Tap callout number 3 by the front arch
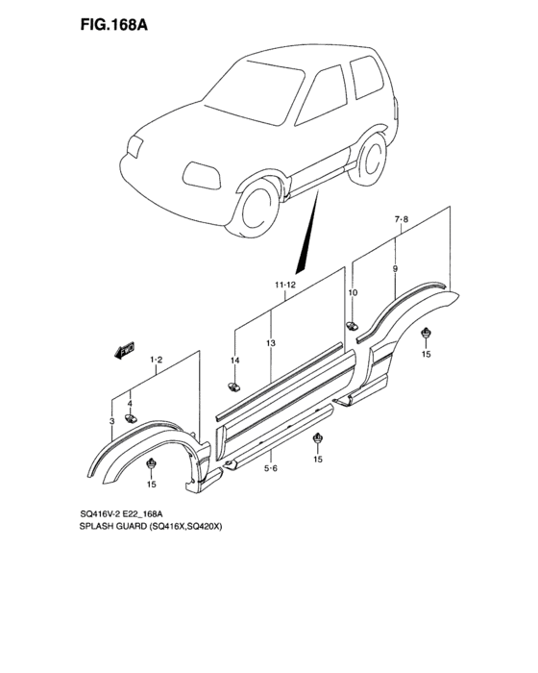(112, 421)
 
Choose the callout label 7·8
(401, 220)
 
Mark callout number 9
(395, 271)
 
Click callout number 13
(272, 343)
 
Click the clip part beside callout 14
(233, 386)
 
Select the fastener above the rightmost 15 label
(427, 334)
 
